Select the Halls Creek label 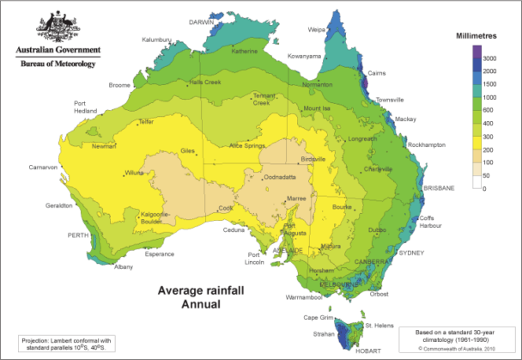pyautogui.click(x=207, y=82)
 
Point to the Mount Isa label pyautogui.click(x=319, y=108)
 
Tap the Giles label pyautogui.click(x=189, y=150)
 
